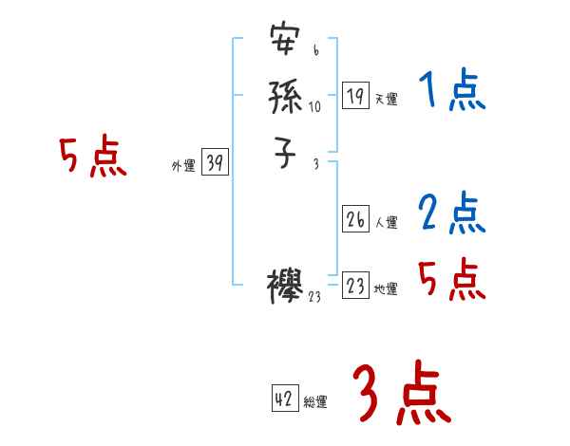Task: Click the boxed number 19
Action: point(355,96)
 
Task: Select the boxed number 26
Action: point(355,219)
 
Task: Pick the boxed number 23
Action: point(355,286)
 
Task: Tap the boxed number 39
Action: point(214,163)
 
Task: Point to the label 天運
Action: point(386,100)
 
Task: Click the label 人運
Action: point(386,223)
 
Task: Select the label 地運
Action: point(386,289)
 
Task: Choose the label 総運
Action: point(315,402)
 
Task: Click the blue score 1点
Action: point(452,92)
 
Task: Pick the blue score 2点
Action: point(452,214)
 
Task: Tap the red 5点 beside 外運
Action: point(92,157)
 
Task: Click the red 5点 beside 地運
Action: point(452,279)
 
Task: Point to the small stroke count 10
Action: point(314,106)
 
